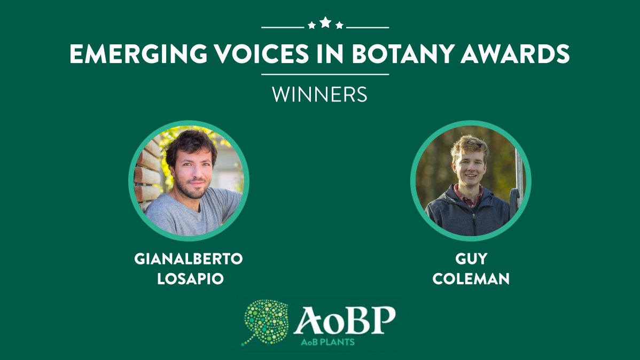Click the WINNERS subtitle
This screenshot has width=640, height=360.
point(319,95)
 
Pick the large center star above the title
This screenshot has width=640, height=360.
point(325,22)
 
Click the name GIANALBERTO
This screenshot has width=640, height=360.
point(189,260)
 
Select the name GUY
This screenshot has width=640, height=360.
point(471,260)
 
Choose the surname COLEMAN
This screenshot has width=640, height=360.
point(471,279)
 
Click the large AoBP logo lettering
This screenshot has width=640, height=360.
point(344,320)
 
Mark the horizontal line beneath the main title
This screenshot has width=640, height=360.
point(325,74)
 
